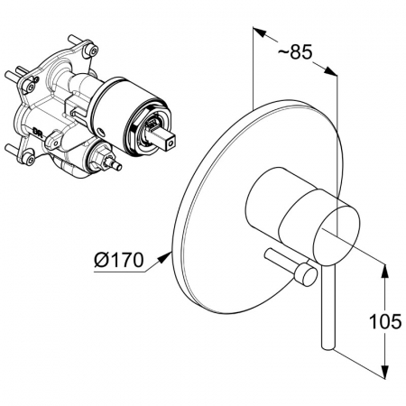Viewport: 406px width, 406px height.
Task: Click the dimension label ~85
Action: (295, 52)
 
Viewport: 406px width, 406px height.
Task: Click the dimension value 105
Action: (385, 321)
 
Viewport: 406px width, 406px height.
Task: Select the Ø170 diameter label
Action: (119, 260)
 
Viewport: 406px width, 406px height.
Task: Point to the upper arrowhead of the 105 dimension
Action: (384, 272)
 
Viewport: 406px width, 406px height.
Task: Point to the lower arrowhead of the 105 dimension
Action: (384, 371)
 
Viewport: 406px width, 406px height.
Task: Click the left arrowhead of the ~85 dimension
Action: (260, 32)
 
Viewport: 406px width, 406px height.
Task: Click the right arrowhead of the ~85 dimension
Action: (330, 71)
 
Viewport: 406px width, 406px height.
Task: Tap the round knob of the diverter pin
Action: (306, 274)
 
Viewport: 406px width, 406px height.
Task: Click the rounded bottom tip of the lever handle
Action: (328, 347)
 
